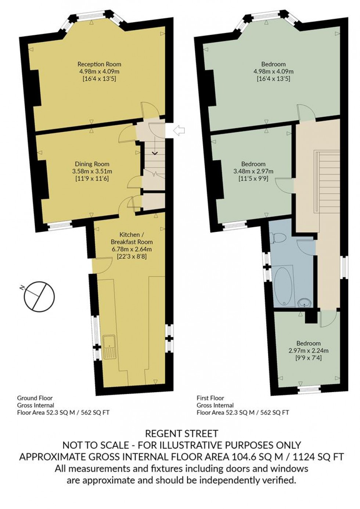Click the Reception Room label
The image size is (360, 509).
[99, 64]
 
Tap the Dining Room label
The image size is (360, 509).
[92, 164]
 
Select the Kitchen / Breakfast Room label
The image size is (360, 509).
[132, 238]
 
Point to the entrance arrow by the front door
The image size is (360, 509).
[179, 130]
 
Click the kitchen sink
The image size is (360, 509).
[109, 347]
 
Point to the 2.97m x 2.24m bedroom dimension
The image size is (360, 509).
[309, 350]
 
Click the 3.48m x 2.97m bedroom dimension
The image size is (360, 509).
[253, 171]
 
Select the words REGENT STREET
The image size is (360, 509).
[181, 434]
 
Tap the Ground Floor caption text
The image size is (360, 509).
[35, 398]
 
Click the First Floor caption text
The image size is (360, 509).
[210, 398]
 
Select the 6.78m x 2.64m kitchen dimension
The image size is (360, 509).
[132, 249]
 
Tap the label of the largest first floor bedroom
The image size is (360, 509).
[273, 64]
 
